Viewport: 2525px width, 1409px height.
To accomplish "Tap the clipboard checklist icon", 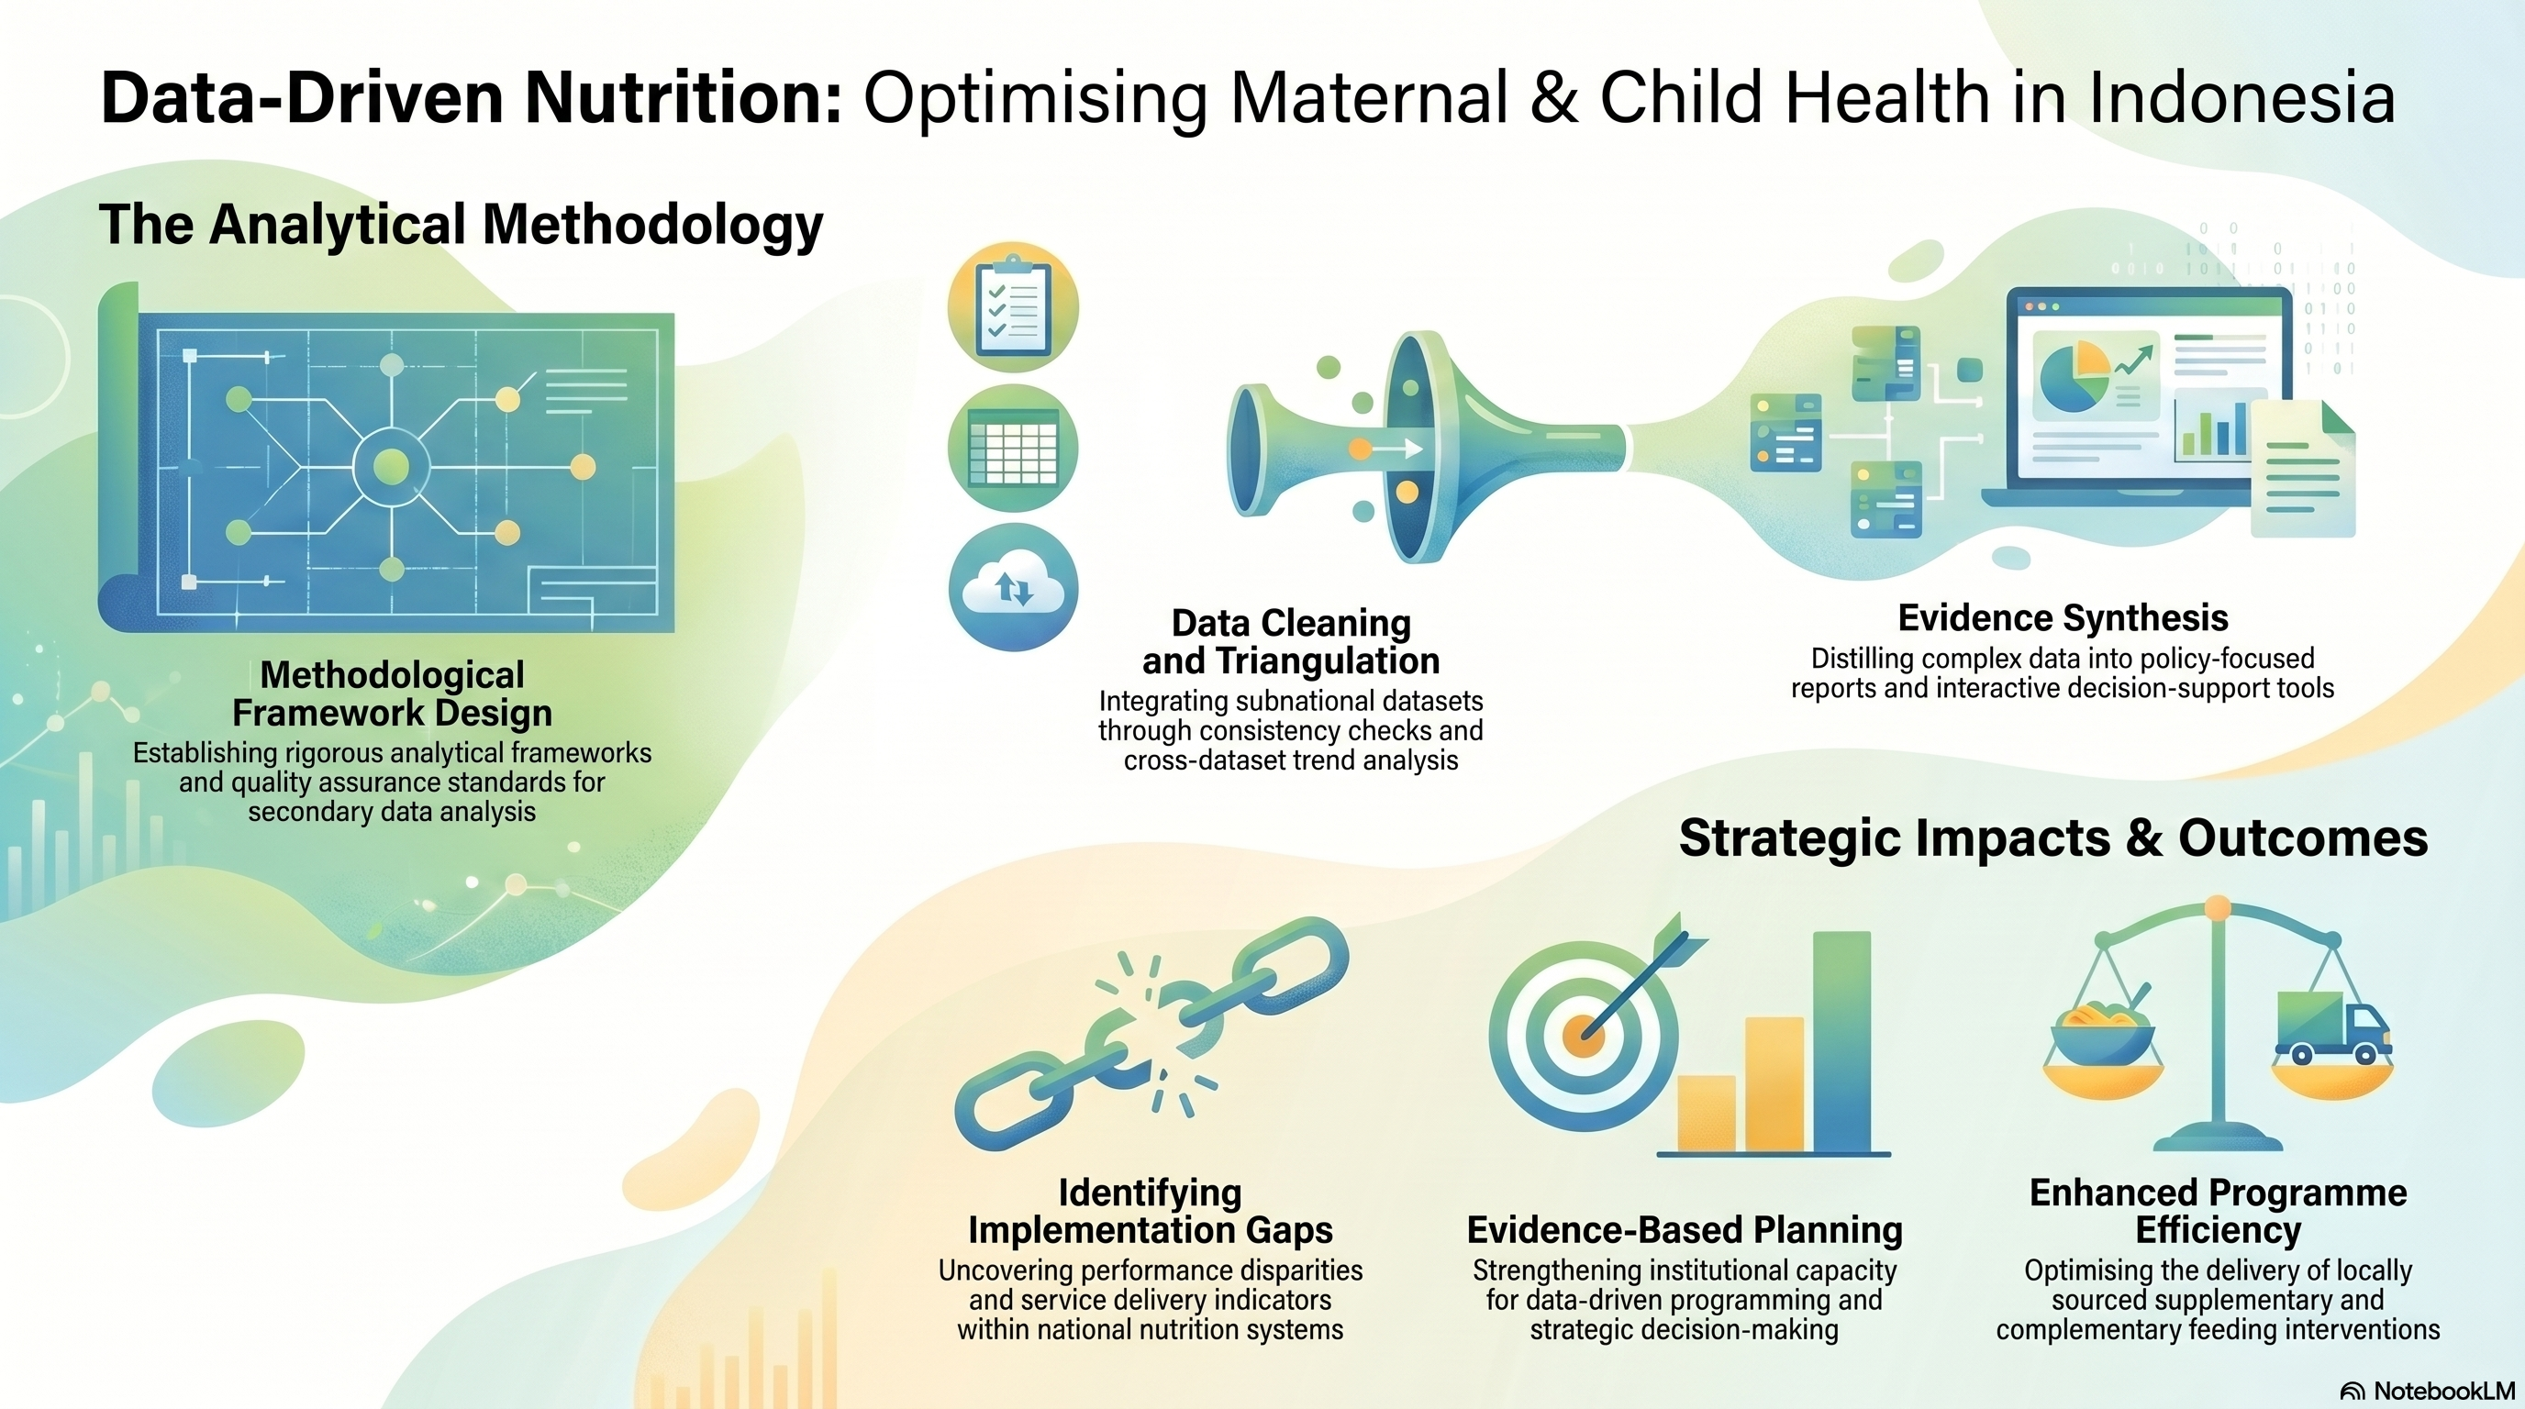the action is [x=1014, y=307].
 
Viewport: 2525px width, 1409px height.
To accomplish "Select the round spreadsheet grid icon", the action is [x=1014, y=448].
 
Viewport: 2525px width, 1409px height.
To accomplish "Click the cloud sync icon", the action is [x=1014, y=588].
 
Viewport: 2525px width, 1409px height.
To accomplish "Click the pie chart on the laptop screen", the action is [x=2074, y=378].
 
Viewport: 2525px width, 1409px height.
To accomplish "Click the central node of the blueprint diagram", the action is [x=391, y=465].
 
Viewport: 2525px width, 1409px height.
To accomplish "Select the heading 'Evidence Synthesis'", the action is [x=2063, y=618].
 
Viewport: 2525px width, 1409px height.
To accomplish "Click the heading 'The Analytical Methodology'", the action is [x=461, y=226].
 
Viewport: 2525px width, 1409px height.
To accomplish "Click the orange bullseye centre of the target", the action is [x=1582, y=1034].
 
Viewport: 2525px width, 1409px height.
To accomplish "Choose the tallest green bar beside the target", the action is [x=1841, y=1041].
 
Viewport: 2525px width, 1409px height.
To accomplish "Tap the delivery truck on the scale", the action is [x=2333, y=1026].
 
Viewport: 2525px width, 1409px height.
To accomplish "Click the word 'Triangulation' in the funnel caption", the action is [x=1329, y=661].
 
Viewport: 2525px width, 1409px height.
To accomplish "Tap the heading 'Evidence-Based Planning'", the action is [x=1684, y=1230].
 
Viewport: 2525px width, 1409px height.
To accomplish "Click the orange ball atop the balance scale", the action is [x=2218, y=908].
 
